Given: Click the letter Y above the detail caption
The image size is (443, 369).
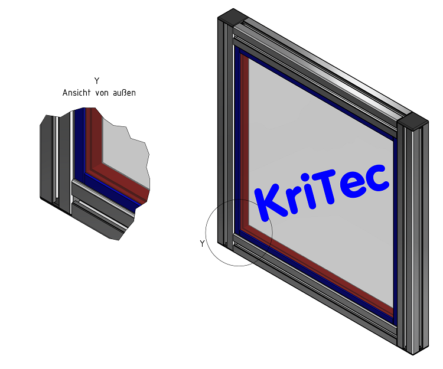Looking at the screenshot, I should (x=97, y=81).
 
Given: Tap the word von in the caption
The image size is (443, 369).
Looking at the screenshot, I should (x=104, y=93).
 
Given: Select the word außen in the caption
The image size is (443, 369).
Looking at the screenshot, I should (x=125, y=93).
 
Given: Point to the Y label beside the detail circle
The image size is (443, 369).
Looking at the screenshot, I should (x=202, y=243).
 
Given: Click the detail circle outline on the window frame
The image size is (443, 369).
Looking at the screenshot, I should (x=206, y=230).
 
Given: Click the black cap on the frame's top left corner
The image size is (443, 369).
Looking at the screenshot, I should (x=231, y=16).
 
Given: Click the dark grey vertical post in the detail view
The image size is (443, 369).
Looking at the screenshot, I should (x=47, y=159).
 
